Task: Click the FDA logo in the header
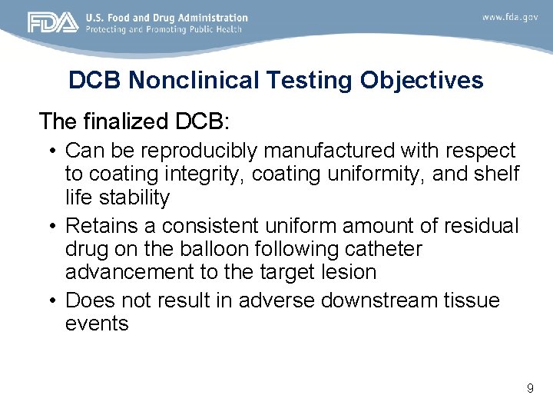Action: pos(52,22)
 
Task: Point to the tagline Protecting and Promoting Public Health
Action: pos(164,29)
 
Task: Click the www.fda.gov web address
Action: pos(510,17)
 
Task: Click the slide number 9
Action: pos(530,389)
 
